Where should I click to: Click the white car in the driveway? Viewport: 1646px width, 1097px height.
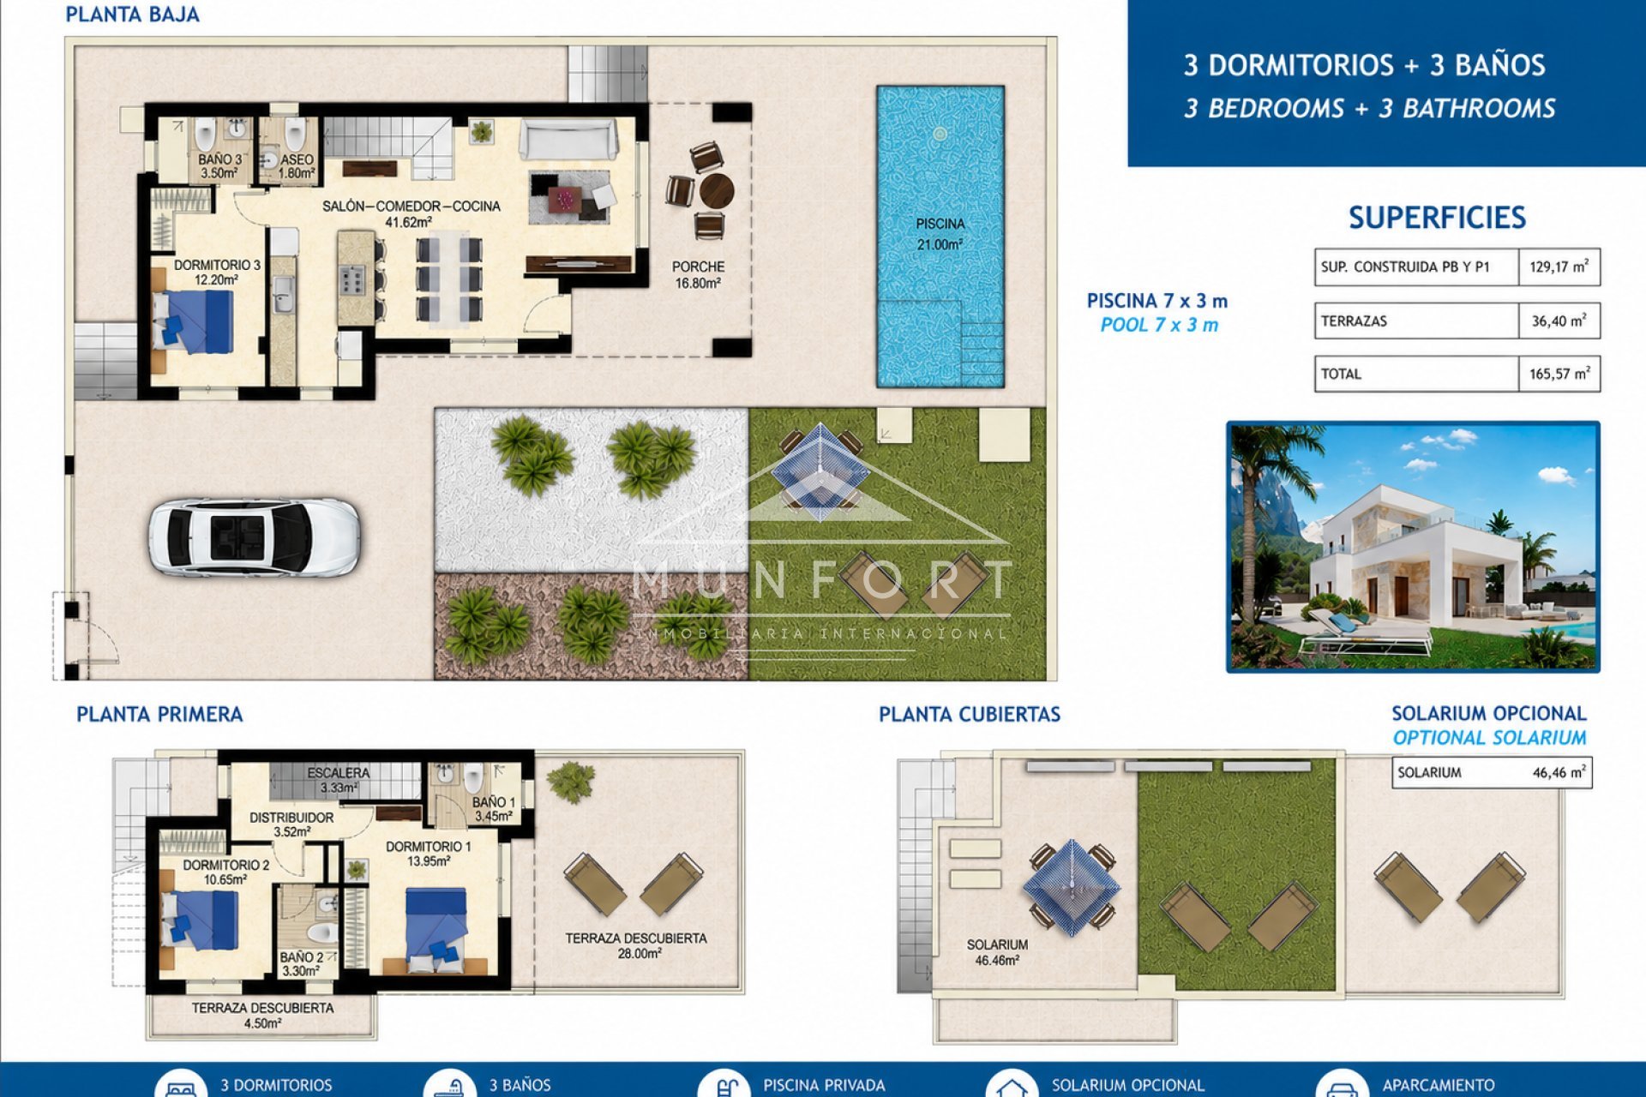point(254,537)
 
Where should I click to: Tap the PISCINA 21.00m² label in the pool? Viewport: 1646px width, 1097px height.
point(940,234)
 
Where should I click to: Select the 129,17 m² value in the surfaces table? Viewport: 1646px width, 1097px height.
point(1559,267)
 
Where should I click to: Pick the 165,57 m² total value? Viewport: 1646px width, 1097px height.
point(1559,374)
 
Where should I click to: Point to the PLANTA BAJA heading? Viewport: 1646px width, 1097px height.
point(133,15)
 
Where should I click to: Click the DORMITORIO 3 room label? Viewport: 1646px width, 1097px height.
point(217,272)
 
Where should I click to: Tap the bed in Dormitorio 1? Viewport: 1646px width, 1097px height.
point(436,930)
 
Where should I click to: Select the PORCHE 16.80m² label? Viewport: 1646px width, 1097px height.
point(698,275)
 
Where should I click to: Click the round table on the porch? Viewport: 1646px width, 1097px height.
point(716,190)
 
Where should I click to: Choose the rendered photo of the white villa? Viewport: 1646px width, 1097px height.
point(1413,547)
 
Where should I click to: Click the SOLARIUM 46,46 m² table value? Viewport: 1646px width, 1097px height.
point(1559,772)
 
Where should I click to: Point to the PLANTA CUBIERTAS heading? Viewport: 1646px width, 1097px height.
point(970,714)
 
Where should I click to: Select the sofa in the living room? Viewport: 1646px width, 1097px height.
point(568,140)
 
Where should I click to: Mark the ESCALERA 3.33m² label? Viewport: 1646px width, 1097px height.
point(339,780)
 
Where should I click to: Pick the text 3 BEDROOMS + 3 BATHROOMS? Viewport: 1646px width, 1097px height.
point(1369,109)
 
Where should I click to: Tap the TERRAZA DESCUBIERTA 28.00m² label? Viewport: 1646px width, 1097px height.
point(636,945)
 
